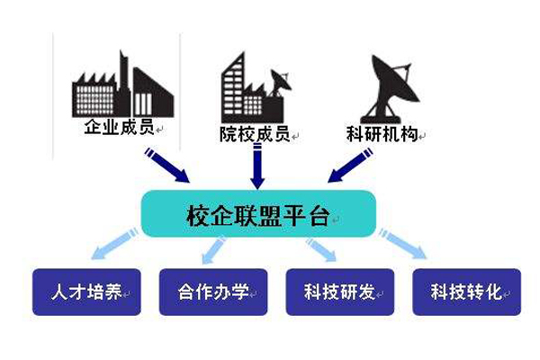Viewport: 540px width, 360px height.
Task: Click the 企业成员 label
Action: tap(119, 126)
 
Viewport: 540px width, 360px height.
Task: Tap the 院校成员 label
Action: tap(255, 134)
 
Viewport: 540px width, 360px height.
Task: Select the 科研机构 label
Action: tap(382, 134)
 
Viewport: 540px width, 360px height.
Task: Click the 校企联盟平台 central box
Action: tap(258, 213)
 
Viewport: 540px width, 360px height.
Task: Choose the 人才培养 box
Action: tap(86, 292)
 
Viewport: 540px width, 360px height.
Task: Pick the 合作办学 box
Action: tap(213, 292)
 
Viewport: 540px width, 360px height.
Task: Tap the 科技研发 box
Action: tap(340, 292)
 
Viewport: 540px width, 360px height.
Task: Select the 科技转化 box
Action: tap(466, 292)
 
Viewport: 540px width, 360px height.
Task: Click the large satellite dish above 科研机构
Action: tap(389, 89)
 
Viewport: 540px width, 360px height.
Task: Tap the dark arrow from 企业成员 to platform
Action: tap(167, 165)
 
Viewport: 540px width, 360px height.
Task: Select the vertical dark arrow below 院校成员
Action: tap(257, 166)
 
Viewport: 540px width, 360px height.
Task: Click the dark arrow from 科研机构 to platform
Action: tap(350, 165)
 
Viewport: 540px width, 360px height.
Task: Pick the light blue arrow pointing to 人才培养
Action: tap(114, 243)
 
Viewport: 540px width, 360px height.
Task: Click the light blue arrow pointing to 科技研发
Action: tap(321, 249)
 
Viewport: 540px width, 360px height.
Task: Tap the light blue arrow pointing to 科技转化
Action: tap(403, 244)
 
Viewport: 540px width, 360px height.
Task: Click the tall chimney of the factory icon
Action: tap(124, 84)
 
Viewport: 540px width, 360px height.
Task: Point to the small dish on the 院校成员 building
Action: tap(280, 83)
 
